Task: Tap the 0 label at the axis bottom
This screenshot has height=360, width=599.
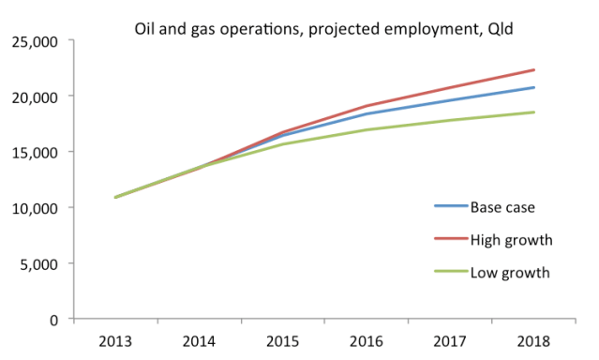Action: tap(54, 319)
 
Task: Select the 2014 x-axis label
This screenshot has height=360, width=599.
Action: tap(199, 340)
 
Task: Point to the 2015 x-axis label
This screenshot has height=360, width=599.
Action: tap(283, 340)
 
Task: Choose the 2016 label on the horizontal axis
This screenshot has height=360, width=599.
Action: tap(367, 340)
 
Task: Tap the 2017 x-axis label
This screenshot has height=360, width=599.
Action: tap(451, 340)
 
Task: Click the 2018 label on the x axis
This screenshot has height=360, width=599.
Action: tap(534, 340)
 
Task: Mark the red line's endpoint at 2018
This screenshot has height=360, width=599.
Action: tap(534, 70)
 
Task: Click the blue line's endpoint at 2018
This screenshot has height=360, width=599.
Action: tap(534, 88)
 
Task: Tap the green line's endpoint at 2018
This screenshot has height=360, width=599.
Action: tap(534, 112)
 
